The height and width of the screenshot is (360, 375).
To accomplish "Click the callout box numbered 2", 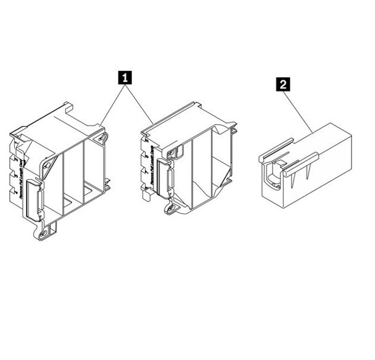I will (283, 84).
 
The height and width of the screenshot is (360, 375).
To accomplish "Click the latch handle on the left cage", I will (33, 201).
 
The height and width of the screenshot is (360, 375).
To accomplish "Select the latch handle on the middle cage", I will (164, 179).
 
